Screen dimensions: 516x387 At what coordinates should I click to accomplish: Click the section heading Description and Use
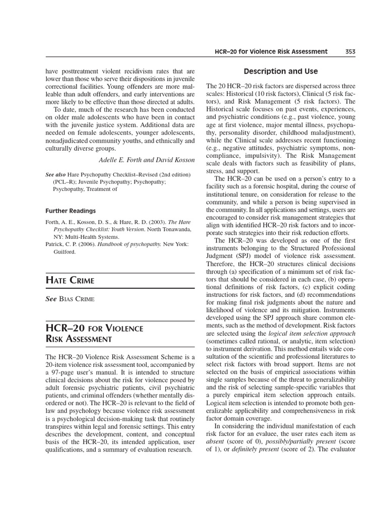pos(281,71)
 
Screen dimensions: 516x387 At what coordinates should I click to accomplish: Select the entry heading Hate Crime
pos(70,280)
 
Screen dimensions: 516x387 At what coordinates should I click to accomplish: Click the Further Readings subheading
pos(71,211)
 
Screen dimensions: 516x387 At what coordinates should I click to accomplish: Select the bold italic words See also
pos(55,174)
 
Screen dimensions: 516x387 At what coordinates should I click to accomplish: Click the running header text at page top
pos(271,51)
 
